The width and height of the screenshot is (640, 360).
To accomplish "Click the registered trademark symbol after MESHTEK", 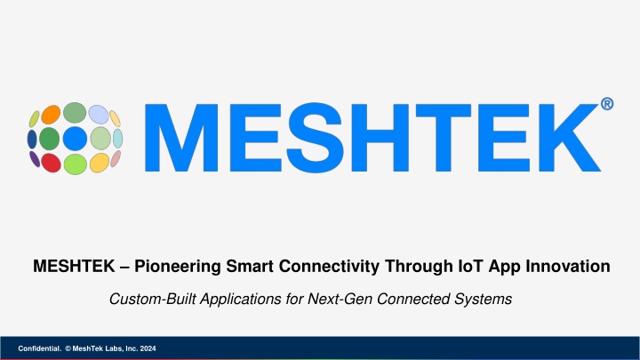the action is click(607, 104).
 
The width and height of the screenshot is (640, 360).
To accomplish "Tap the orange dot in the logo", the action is click(51, 115).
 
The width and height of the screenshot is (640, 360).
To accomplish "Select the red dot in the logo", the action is click(51, 163).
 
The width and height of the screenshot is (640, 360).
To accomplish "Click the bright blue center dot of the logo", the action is click(75, 139).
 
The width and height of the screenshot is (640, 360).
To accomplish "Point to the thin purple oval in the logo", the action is click(35, 159).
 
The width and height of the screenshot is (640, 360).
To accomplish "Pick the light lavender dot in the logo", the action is click(99, 115).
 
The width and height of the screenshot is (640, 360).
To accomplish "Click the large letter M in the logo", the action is click(181, 138).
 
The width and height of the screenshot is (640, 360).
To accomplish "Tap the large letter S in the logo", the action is click(315, 138).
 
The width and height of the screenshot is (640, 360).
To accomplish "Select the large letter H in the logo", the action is click(380, 138).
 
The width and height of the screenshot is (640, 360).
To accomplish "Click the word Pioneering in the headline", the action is click(178, 267).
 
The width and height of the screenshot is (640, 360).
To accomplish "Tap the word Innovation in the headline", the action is click(568, 266).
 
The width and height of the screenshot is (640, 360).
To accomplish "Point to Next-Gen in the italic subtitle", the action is click(340, 300).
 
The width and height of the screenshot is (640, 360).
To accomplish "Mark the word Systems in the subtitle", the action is click(484, 300).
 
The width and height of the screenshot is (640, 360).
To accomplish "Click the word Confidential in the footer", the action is click(39, 348).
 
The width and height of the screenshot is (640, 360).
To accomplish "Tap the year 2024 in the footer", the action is click(148, 348).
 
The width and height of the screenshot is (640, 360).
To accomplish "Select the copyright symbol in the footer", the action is click(68, 348).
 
